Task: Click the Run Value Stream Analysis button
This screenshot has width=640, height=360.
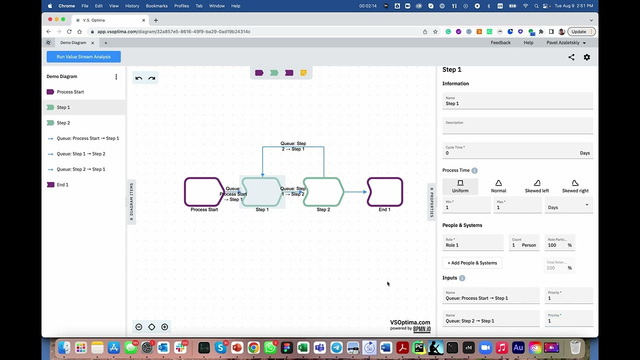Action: tap(83, 57)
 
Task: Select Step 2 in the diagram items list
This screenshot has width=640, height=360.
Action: tap(63, 123)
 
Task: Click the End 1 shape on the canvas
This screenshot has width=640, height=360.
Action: tap(384, 192)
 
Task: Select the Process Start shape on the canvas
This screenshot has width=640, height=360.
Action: tap(202, 192)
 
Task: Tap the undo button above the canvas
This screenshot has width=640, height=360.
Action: tap(139, 78)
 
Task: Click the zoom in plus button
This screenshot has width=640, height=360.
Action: tap(164, 327)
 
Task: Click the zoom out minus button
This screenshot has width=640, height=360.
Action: tap(139, 327)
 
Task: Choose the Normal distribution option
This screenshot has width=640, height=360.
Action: tap(498, 186)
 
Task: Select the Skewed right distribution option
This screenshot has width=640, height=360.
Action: tap(575, 186)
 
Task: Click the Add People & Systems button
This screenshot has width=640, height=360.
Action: tap(472, 263)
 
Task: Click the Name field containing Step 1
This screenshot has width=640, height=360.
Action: tap(517, 103)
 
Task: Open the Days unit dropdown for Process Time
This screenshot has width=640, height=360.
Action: tap(568, 207)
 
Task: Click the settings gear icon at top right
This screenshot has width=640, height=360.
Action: tap(587, 57)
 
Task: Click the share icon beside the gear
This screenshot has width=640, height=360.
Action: tap(571, 57)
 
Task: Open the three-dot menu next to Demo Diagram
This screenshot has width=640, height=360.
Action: tap(116, 77)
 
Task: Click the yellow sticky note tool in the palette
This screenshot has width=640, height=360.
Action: tap(303, 73)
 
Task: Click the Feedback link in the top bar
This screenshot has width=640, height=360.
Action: tap(500, 43)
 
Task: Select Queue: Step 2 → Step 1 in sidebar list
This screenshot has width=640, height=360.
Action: tap(81, 169)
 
